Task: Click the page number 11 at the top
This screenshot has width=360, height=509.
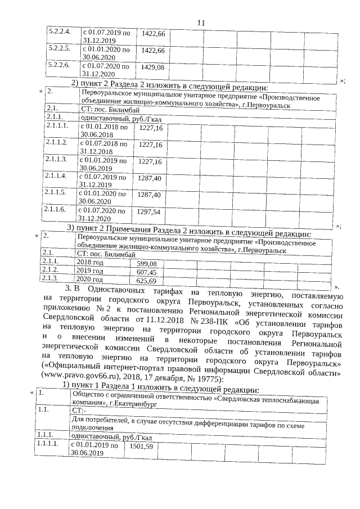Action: click(x=202, y=22)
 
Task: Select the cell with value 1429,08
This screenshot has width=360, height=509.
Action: click(x=153, y=67)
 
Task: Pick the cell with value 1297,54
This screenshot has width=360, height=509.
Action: click(x=150, y=212)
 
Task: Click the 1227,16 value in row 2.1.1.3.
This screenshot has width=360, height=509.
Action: click(x=150, y=162)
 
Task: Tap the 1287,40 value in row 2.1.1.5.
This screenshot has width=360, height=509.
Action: click(x=150, y=195)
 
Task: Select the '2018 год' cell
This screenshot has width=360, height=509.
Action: click(x=90, y=263)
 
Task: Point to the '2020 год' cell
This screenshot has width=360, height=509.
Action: click(x=90, y=279)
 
